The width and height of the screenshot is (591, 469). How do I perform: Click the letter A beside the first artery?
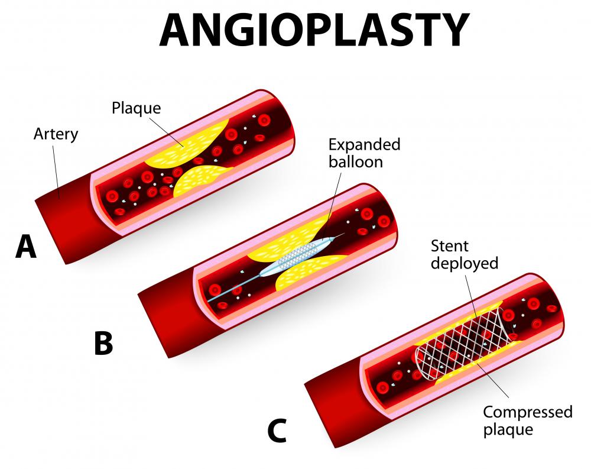[x=26, y=247]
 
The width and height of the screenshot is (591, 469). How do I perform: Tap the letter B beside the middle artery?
[x=103, y=343]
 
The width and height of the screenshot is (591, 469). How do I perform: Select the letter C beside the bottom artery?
[x=277, y=431]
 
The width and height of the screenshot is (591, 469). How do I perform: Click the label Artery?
[x=56, y=134]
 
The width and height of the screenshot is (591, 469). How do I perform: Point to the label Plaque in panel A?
[x=136, y=108]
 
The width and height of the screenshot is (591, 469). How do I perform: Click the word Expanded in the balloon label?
[x=365, y=145]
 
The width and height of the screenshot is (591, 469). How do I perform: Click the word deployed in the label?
[x=465, y=263]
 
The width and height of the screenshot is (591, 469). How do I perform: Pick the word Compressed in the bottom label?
[x=528, y=412]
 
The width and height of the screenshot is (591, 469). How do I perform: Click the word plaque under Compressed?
[x=508, y=430]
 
